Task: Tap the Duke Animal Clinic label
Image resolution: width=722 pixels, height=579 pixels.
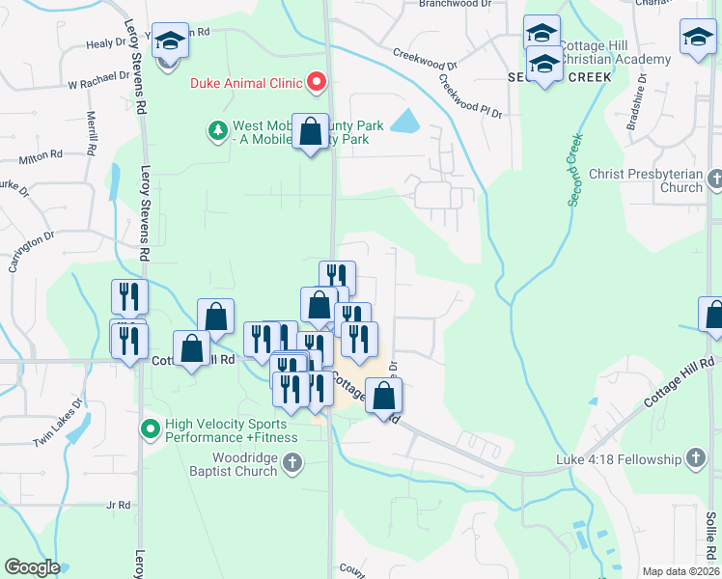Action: click(246, 83)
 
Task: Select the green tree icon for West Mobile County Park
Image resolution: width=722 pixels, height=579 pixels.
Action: click(218, 128)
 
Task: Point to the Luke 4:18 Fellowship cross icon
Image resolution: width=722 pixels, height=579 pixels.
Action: click(695, 458)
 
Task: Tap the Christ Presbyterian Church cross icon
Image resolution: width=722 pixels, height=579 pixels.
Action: click(714, 179)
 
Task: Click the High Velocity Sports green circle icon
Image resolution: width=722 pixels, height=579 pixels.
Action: click(150, 427)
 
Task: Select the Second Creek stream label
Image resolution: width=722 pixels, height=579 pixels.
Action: click(576, 168)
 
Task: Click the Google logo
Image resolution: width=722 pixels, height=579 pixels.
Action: click(32, 567)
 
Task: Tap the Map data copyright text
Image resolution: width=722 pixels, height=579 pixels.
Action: click(680, 571)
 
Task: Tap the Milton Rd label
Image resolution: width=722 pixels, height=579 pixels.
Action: click(41, 154)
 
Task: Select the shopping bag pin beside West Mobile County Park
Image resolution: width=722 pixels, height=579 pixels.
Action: click(311, 134)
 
